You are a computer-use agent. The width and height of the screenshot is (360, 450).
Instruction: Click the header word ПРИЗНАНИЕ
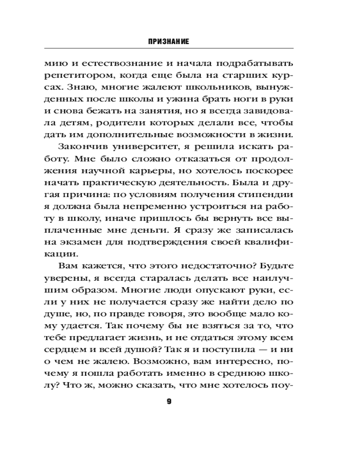168,41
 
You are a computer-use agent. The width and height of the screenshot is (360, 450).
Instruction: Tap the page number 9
169,401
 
